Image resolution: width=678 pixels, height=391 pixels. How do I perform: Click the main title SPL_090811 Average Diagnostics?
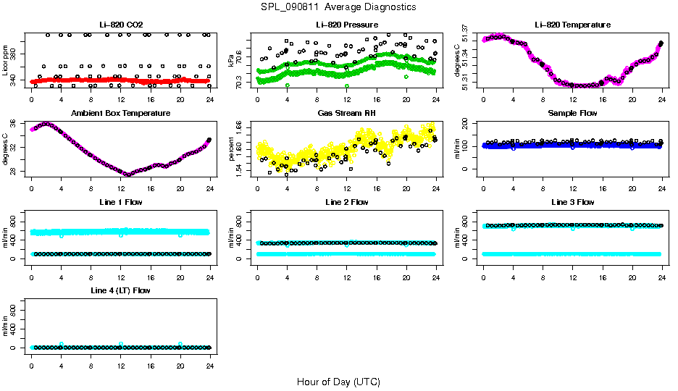click(339, 7)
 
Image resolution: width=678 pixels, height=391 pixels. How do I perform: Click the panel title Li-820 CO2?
click(120, 25)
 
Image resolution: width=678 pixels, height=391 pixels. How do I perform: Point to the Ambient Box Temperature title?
click(120, 114)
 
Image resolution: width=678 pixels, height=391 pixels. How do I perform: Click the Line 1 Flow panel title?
click(120, 202)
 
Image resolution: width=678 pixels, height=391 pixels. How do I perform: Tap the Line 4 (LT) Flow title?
click(120, 290)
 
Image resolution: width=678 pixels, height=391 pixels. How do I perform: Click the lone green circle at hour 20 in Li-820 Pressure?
click(406, 76)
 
